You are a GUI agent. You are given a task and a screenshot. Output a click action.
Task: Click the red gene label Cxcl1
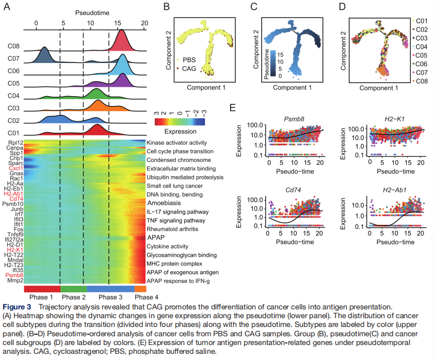(x=14, y=169)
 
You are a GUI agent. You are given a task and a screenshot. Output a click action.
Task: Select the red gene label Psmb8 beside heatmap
(x=14, y=276)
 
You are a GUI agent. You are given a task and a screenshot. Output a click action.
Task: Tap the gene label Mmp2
(x=14, y=282)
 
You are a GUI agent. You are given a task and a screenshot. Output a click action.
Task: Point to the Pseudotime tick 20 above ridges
(x=144, y=23)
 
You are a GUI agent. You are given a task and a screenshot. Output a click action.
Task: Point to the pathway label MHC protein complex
(x=175, y=263)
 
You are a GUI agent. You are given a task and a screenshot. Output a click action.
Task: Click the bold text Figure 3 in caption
(x=17, y=307)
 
